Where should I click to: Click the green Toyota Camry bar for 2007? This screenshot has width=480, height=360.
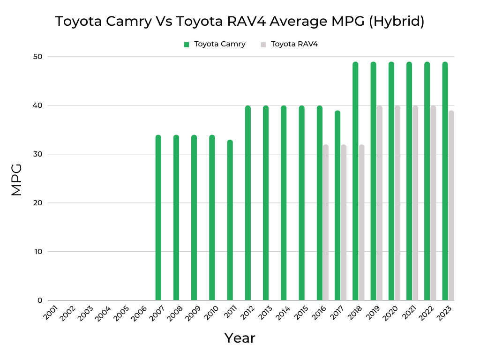[x=158, y=218]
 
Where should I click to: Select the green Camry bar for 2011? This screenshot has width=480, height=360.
[x=230, y=220]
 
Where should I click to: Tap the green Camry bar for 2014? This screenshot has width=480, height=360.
[x=284, y=203]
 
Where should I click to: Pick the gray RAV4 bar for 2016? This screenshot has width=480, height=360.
[x=326, y=223]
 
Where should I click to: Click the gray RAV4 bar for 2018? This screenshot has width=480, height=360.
[x=361, y=223]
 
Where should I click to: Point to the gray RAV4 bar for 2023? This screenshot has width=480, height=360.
[x=451, y=206]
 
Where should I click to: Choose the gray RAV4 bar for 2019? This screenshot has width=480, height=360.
[x=379, y=203]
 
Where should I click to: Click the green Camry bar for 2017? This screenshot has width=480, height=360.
[x=337, y=206]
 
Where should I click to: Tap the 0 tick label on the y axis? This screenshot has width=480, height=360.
[x=40, y=300]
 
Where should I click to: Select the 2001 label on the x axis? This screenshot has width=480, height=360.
[x=51, y=312]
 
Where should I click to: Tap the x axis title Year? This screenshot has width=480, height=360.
[x=240, y=338]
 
